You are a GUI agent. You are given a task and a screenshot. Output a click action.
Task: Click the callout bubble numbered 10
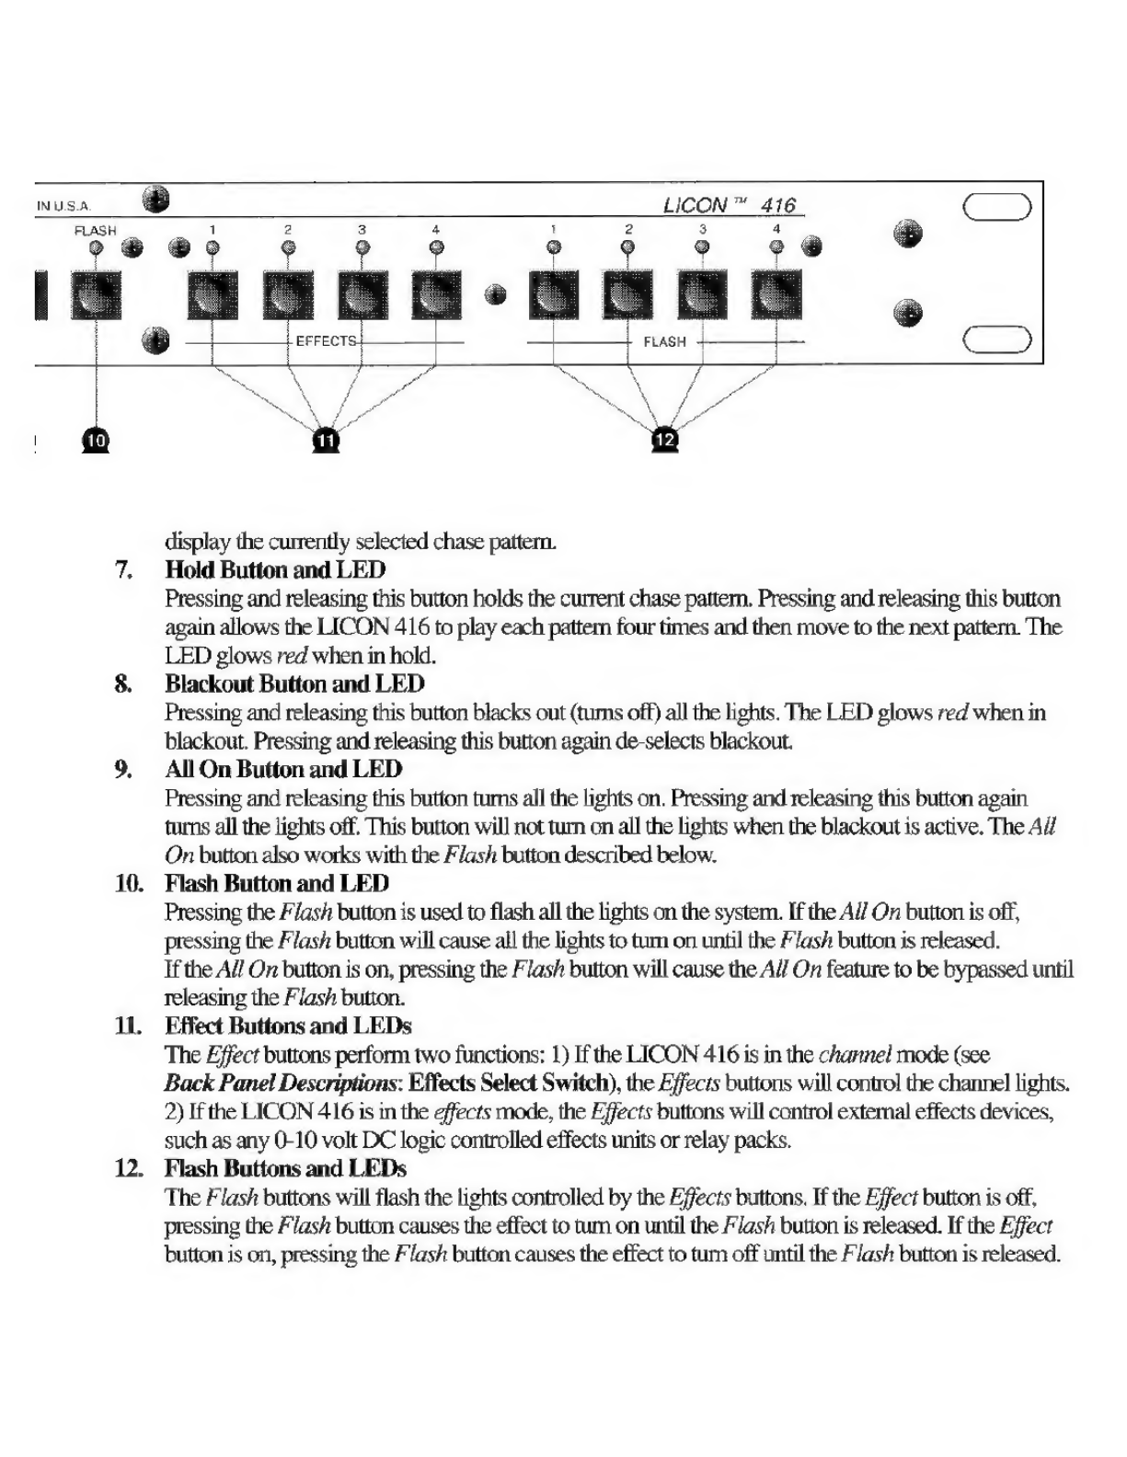[x=96, y=441]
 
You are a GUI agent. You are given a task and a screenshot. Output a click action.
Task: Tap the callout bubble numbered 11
[x=326, y=441]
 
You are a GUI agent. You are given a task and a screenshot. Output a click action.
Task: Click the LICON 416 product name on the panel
[x=729, y=205]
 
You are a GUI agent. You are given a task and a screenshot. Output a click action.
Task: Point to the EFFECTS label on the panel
[x=326, y=341]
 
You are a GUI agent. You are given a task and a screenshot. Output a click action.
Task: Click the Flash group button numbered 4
[x=776, y=293]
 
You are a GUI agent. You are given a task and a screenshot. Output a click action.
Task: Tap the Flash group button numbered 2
[x=627, y=293]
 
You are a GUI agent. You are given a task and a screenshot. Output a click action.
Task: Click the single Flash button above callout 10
[x=96, y=294]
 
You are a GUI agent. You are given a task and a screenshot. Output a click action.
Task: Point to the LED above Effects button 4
[x=436, y=247]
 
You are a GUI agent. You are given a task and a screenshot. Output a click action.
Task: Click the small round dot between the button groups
[x=495, y=294]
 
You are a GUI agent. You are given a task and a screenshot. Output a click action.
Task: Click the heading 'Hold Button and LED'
[x=275, y=570]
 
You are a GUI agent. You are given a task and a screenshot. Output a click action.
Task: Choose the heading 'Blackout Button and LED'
[x=295, y=684]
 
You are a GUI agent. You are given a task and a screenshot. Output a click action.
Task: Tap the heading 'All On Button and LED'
[x=283, y=769]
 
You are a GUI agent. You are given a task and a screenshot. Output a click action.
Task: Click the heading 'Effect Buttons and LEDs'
[x=288, y=1026]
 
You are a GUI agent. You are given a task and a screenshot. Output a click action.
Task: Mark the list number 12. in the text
[x=129, y=1169]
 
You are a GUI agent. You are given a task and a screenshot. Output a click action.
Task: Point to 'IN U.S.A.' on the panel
[x=63, y=207]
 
